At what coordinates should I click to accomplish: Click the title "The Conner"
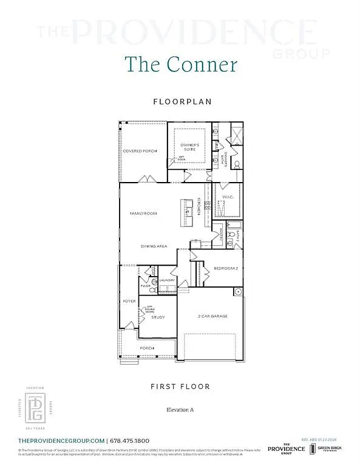point(180,64)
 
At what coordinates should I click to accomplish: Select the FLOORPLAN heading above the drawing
point(180,102)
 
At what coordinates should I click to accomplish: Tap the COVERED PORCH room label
point(140,150)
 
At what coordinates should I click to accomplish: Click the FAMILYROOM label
point(143,214)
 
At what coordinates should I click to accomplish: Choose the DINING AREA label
point(154,246)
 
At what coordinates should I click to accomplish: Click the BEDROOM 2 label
point(225,268)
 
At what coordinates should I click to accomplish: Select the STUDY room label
point(158,317)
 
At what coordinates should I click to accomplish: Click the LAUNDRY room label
point(167,280)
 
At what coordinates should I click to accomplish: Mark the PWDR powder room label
point(145,286)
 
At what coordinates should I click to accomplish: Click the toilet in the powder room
point(153,282)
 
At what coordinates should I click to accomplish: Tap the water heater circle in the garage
point(239,292)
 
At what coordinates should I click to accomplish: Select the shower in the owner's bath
point(236,135)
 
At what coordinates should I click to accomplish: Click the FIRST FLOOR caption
point(180,387)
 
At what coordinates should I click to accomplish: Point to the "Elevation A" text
point(180,410)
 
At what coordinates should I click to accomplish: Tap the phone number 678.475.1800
point(129,441)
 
